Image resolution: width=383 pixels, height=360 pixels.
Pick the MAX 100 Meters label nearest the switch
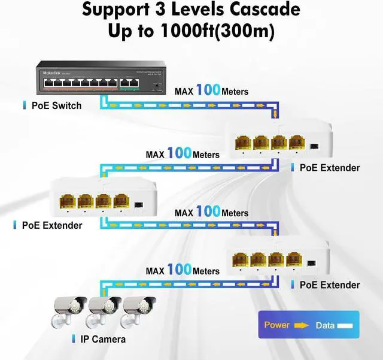pyautogui.click(x=211, y=92)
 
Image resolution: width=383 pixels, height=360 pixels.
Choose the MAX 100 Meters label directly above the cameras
pyautogui.click(x=183, y=271)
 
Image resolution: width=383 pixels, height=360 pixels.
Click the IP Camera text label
pyautogui.click(x=103, y=339)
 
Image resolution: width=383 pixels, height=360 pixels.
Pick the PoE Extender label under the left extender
pyautogui.click(x=51, y=225)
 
